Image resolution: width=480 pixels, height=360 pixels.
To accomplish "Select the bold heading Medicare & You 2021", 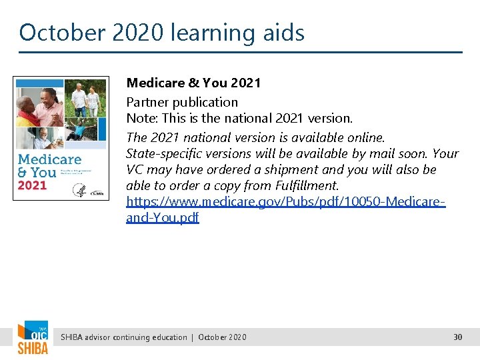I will pyautogui.click(x=193, y=83).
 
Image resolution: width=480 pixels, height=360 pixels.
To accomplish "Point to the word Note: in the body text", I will pyautogui.click(x=142, y=119).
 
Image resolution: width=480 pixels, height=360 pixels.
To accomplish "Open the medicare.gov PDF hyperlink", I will pyautogui.click(x=285, y=201).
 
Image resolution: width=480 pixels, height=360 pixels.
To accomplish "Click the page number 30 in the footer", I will pyautogui.click(x=457, y=337).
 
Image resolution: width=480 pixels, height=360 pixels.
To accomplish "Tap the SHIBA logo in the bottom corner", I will pyautogui.click(x=33, y=339).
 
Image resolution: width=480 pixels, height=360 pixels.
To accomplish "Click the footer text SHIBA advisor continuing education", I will pyautogui.click(x=124, y=337).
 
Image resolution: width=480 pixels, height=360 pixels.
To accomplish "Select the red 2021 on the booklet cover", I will pyautogui.click(x=32, y=185).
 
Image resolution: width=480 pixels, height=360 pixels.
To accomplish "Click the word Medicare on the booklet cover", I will pyautogui.click(x=50, y=159).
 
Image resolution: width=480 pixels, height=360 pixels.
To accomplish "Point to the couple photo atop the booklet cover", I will pyautogui.click(x=85, y=100).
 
